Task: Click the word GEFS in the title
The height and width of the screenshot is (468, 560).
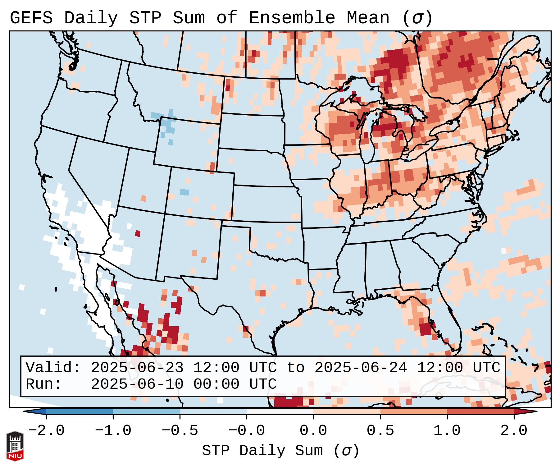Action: (31, 18)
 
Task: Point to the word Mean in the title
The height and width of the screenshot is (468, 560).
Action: (368, 18)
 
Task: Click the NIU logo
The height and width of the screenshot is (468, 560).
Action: (15, 446)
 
